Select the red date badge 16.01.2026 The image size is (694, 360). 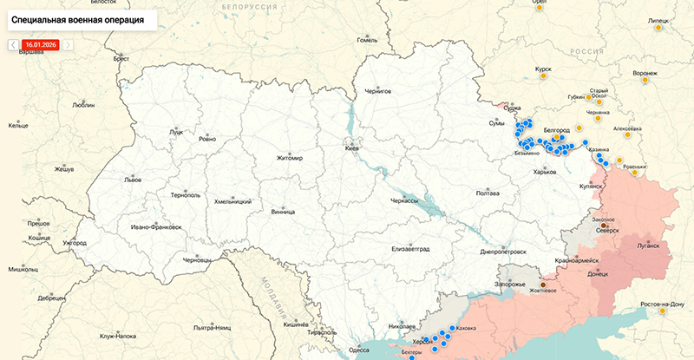(x=41, y=44)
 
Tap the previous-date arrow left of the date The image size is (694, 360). (x=14, y=44)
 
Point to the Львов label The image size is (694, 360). (x=133, y=180)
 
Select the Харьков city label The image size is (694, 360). (x=544, y=172)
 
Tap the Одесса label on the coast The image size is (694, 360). (x=358, y=350)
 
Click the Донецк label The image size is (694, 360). (x=598, y=273)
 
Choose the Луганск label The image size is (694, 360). (x=647, y=245)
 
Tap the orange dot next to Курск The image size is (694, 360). (x=544, y=77)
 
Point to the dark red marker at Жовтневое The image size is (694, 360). (x=544, y=284)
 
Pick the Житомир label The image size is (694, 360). (x=289, y=158)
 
